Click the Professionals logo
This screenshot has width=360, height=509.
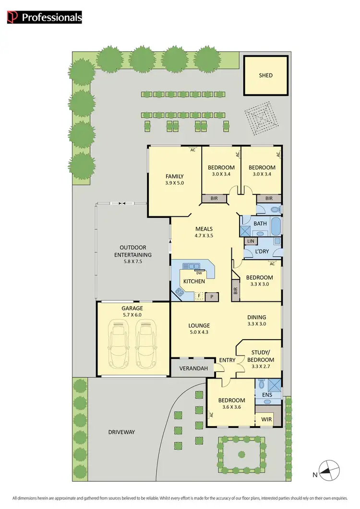pos(44,18)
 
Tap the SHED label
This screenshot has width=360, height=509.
pos(265,75)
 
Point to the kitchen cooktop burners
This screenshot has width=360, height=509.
pos(180,291)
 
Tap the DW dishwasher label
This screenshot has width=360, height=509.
pos(199,273)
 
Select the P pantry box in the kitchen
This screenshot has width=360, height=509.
pos(212,296)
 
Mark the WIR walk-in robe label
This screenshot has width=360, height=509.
pos(266,419)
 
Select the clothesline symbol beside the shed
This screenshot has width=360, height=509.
pos(261,118)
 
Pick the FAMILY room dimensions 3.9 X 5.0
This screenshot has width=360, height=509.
pos(174,183)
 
